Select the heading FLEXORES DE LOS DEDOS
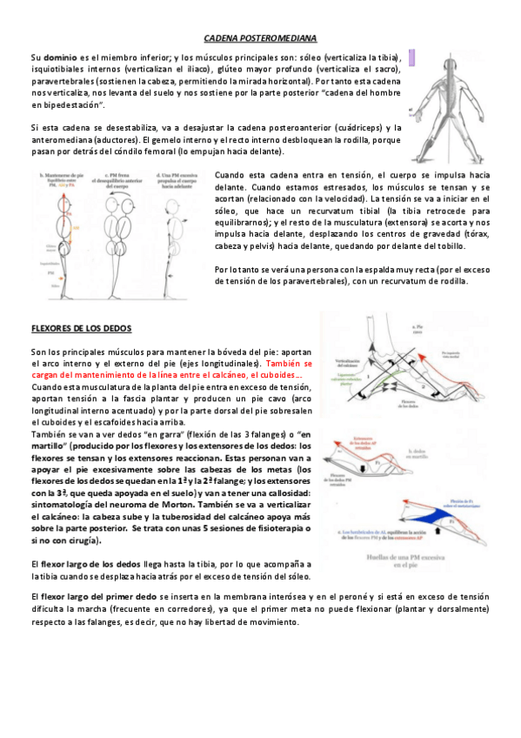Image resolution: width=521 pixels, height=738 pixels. click(x=81, y=328)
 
